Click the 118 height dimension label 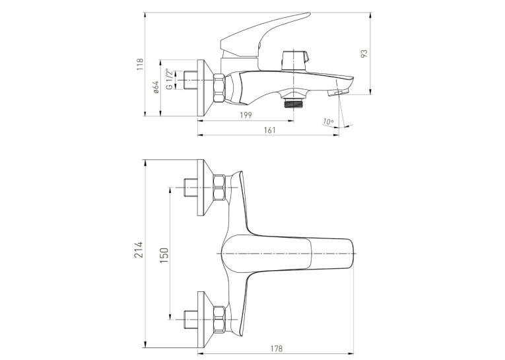[x=140, y=65]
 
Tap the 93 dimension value [x=364, y=54]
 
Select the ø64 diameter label [x=156, y=87]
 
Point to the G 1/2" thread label [x=168, y=79]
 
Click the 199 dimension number [x=246, y=115]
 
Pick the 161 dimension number [x=269, y=130]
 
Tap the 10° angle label [x=328, y=122]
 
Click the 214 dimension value [x=139, y=249]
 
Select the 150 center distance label [x=164, y=255]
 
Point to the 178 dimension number [x=277, y=348]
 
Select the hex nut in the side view [x=219, y=88]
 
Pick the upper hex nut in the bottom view [x=219, y=188]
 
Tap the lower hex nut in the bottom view [x=219, y=319]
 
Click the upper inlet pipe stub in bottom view [x=191, y=188]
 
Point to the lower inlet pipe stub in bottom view [x=191, y=319]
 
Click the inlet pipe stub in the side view [x=190, y=80]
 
